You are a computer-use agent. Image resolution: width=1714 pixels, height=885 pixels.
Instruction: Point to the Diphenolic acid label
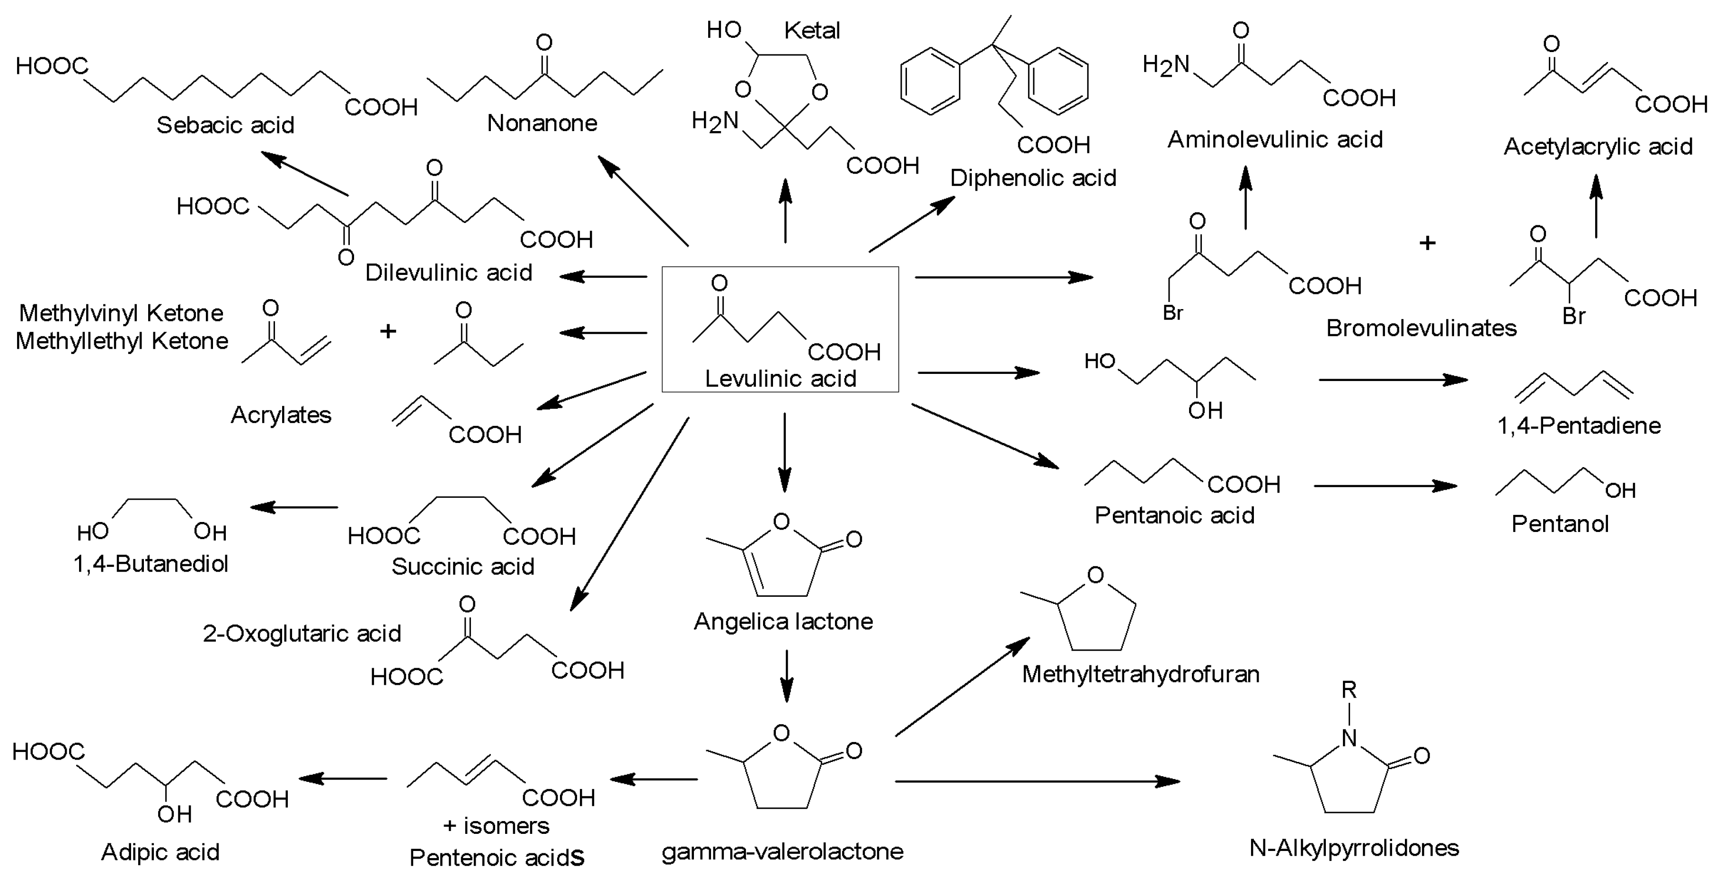pyautogui.click(x=1033, y=177)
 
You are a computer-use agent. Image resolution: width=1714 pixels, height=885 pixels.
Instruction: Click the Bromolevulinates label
pyautogui.click(x=1421, y=328)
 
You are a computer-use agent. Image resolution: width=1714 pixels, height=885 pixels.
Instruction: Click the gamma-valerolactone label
pyautogui.click(x=782, y=851)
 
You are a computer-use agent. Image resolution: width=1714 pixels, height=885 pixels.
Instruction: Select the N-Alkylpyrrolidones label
pyautogui.click(x=1354, y=848)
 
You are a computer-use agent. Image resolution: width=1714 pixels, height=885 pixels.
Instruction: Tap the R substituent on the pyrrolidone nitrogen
pyautogui.click(x=1349, y=690)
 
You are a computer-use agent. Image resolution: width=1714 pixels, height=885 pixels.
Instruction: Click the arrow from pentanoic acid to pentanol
pyautogui.click(x=1385, y=486)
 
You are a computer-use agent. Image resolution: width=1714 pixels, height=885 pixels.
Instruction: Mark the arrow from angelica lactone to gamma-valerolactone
pyautogui.click(x=786, y=675)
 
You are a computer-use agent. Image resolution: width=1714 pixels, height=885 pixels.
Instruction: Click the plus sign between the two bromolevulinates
pyautogui.click(x=1427, y=243)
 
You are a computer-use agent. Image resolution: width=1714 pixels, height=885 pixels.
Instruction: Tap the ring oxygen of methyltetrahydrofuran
pyautogui.click(x=1095, y=575)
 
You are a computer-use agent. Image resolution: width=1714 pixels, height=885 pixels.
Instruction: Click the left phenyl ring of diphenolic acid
pyautogui.click(x=930, y=82)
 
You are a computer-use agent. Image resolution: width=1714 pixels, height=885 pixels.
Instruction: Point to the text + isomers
pyautogui.click(x=497, y=826)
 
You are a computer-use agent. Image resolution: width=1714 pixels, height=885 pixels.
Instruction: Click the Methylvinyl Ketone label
pyautogui.click(x=121, y=313)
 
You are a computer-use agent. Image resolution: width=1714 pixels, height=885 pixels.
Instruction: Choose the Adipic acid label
pyautogui.click(x=160, y=852)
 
